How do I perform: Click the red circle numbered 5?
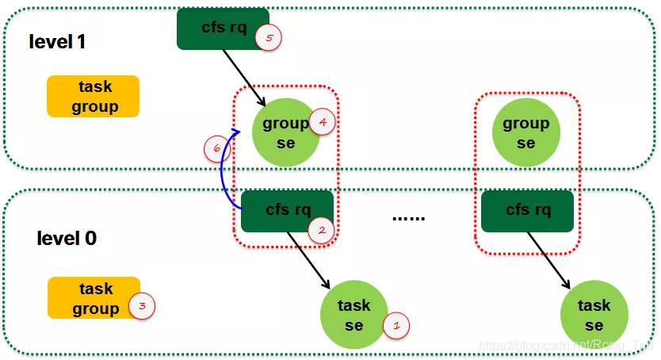pyautogui.click(x=270, y=39)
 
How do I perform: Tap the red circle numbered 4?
pyautogui.click(x=322, y=121)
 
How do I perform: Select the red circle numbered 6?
pyautogui.click(x=213, y=147)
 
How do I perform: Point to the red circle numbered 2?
pyautogui.click(x=322, y=231)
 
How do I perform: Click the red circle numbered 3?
pyautogui.click(x=142, y=304)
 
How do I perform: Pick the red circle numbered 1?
pyautogui.click(x=396, y=324)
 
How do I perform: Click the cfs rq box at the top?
pyautogui.click(x=223, y=29)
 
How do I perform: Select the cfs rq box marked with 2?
pyautogui.click(x=287, y=211)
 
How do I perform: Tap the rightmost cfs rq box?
pyautogui.click(x=527, y=211)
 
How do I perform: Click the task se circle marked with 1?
pyautogui.click(x=353, y=316)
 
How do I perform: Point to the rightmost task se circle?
pyautogui.click(x=594, y=316)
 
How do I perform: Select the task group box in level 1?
pyautogui.click(x=94, y=96)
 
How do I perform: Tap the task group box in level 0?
pyautogui.click(x=94, y=298)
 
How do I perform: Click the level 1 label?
pyautogui.click(x=56, y=42)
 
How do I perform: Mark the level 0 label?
pyautogui.click(x=67, y=238)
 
